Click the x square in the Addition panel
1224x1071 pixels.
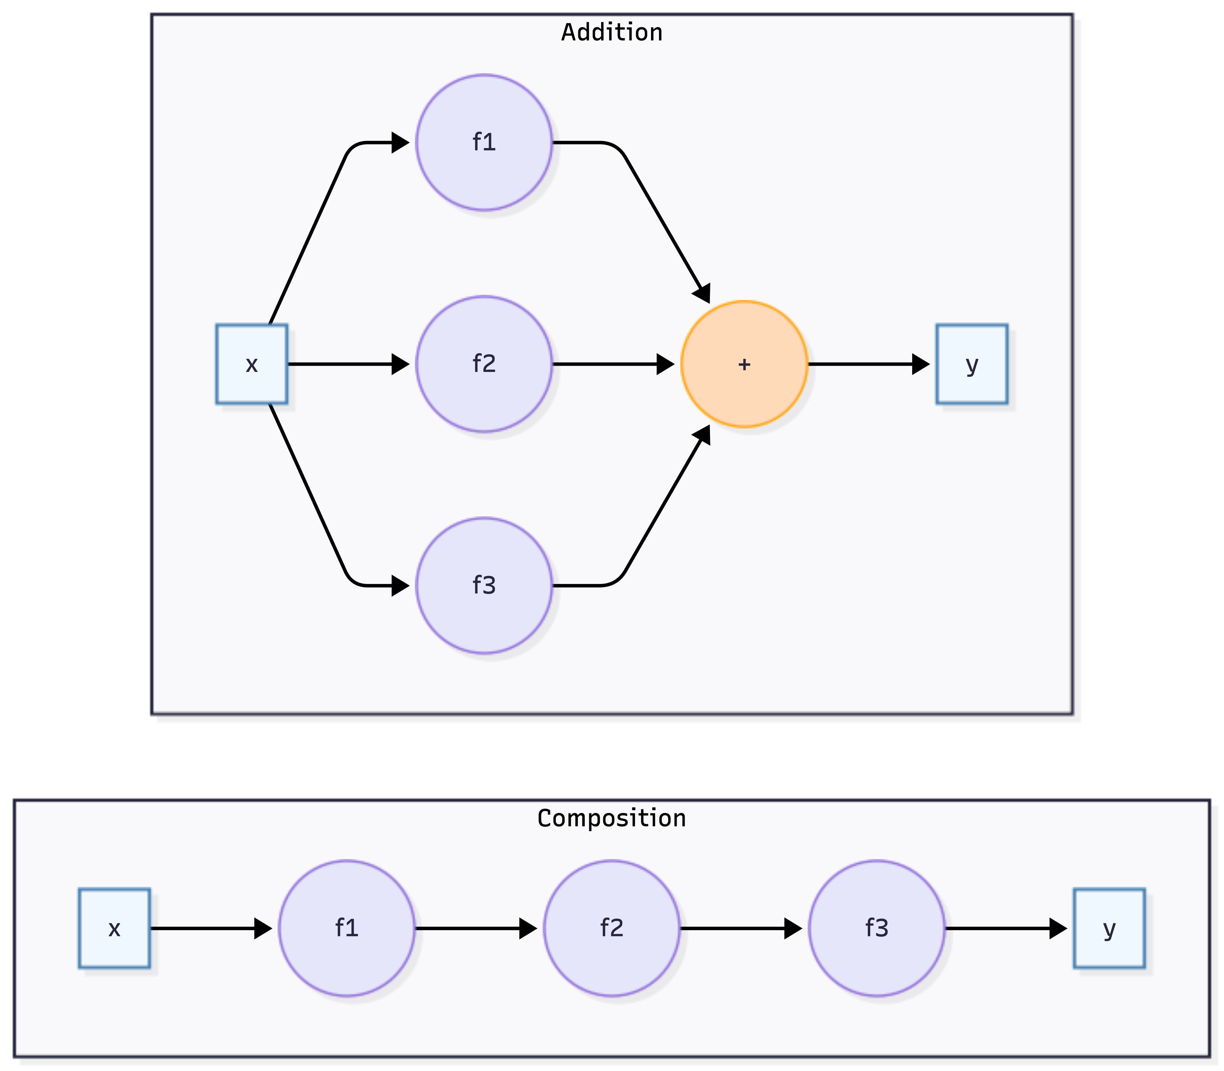click(x=252, y=364)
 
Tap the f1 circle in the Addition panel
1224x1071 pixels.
click(x=484, y=142)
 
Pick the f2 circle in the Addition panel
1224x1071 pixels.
click(x=484, y=364)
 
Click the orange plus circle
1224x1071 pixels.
click(x=744, y=364)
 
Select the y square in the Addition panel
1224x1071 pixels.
click(x=972, y=364)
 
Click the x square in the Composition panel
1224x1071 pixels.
click(x=114, y=928)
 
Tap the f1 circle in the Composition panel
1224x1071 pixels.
click(x=347, y=928)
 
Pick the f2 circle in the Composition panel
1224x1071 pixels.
click(x=612, y=928)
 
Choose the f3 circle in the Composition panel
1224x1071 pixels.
click(x=876, y=928)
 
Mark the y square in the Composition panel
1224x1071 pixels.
click(x=1109, y=928)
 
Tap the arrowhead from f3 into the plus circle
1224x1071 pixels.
click(x=703, y=435)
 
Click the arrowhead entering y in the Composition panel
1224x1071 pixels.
click(x=1058, y=928)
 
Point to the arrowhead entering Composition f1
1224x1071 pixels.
click(x=263, y=928)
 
